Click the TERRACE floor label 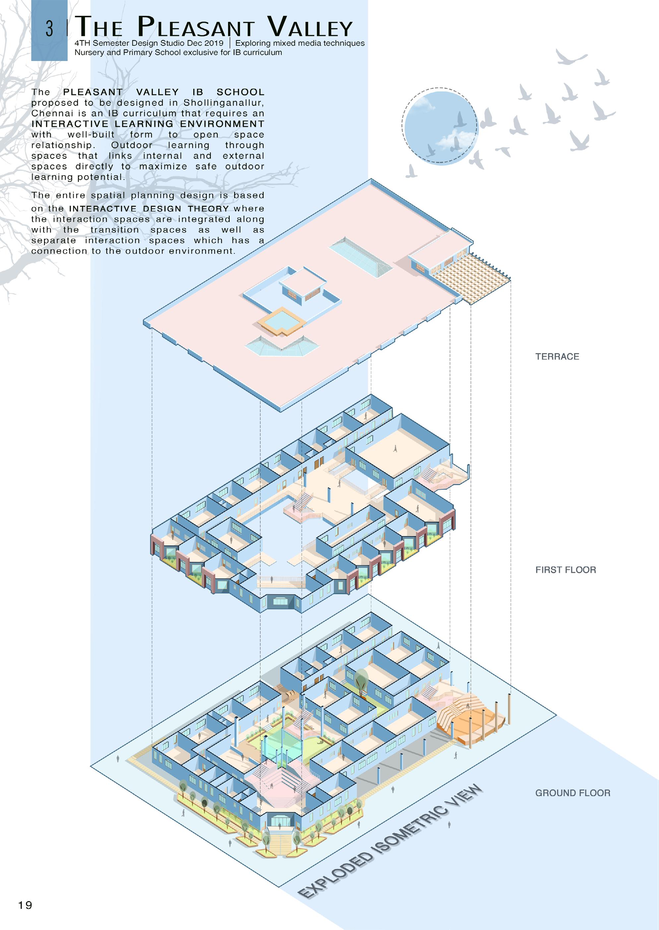(x=557, y=356)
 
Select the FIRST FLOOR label (x=565, y=570)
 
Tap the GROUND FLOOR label (x=572, y=793)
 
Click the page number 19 (x=25, y=905)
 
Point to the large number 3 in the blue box (x=49, y=29)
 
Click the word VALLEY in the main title (x=310, y=27)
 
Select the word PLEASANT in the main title (x=196, y=27)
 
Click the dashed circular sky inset (x=440, y=126)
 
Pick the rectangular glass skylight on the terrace (x=361, y=257)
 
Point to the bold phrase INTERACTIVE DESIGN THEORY (x=149, y=209)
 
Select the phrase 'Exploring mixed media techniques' (x=300, y=43)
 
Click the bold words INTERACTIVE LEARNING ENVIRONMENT (x=148, y=124)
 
